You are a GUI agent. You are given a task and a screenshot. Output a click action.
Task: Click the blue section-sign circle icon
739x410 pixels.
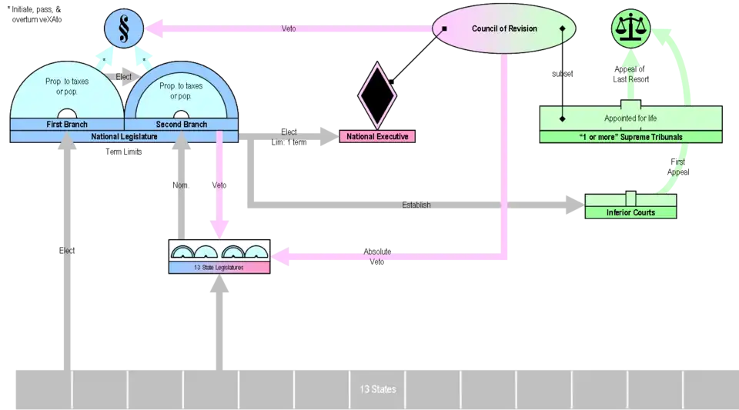point(125,28)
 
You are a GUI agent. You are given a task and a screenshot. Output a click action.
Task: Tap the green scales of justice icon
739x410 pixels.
point(630,28)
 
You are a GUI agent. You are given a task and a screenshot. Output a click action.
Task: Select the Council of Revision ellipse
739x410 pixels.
point(504,28)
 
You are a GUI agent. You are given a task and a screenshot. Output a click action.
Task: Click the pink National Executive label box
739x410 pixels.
point(377,136)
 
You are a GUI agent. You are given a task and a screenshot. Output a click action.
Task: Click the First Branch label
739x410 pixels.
point(67,125)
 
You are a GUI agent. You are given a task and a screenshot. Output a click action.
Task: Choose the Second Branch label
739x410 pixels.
point(181,125)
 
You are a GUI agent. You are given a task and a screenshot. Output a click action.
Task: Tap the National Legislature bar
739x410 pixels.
point(124,136)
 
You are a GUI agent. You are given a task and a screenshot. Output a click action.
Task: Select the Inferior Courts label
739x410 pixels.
point(630,212)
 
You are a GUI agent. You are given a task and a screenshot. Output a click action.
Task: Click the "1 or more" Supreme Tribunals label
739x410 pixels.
point(630,137)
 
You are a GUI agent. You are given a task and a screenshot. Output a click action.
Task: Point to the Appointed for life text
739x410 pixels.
point(630,118)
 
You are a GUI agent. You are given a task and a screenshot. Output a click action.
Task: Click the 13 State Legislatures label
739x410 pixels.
point(219,268)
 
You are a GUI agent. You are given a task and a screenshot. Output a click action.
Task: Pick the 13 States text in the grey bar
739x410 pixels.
point(377,389)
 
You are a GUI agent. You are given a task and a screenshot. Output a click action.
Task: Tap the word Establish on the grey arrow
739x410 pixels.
point(416,205)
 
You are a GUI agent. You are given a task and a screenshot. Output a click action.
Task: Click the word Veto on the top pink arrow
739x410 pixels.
point(289,29)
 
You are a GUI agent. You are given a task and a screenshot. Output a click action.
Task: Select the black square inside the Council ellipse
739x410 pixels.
point(444,29)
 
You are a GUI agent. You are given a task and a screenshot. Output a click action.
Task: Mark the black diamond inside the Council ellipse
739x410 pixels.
point(562,29)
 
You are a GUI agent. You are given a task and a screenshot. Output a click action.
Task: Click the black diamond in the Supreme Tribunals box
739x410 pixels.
point(562,118)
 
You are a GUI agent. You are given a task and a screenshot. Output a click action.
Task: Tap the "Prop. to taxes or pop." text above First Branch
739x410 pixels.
point(67,86)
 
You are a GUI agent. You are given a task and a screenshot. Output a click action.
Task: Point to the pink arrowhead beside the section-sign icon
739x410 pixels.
point(152,29)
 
